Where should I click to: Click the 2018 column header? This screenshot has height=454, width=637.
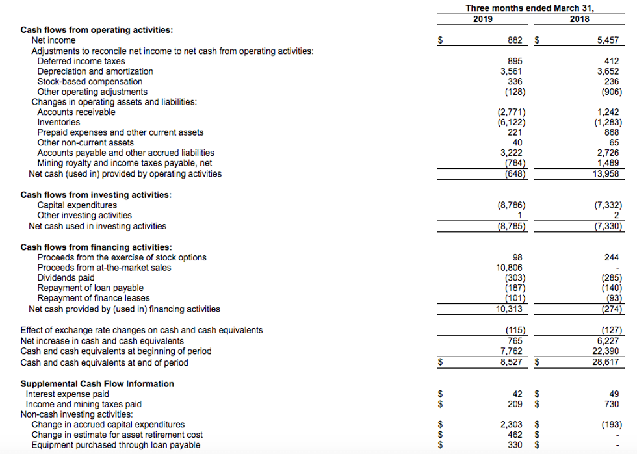tap(578, 19)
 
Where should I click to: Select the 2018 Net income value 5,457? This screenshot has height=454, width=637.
tap(610, 40)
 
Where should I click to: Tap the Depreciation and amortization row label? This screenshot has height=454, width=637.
tap(96, 71)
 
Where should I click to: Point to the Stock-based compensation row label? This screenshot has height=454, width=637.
tap(90, 81)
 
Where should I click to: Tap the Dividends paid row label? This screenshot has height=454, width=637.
tap(67, 277)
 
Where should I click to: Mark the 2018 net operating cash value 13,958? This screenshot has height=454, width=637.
tap(607, 174)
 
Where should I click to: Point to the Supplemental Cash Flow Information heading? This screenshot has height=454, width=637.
tap(97, 383)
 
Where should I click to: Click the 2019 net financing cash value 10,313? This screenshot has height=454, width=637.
tap(511, 309)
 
